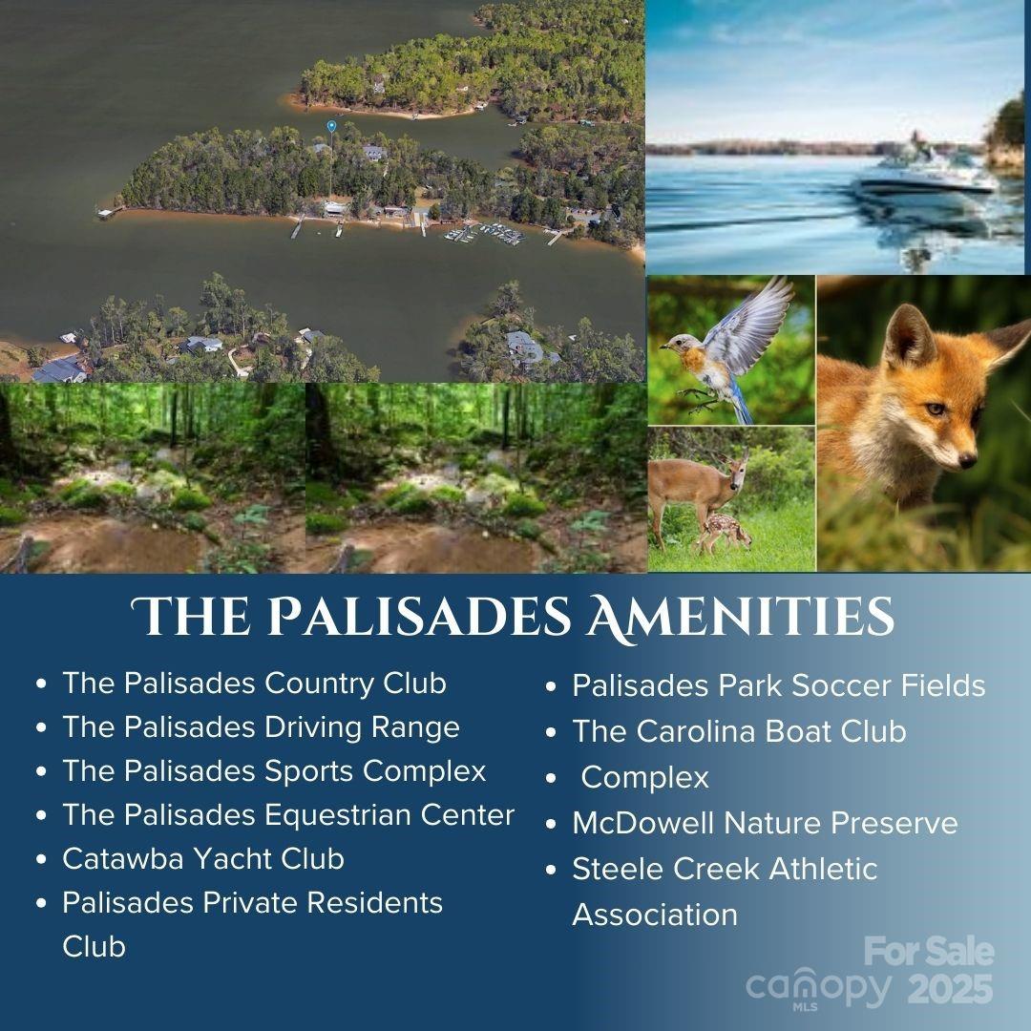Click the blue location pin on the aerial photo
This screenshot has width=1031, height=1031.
coord(331,125)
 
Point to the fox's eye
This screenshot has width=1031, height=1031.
coord(935,409)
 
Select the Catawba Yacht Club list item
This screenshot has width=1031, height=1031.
coord(202,858)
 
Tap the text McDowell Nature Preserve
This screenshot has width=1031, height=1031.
coord(765,823)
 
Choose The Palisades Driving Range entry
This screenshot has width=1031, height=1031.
coord(261,727)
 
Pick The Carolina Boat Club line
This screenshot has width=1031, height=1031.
coord(739,731)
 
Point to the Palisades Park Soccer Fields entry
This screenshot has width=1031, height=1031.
coord(778,685)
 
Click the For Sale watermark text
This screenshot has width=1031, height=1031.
coord(929,952)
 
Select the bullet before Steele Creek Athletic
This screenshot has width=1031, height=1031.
coord(552,870)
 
